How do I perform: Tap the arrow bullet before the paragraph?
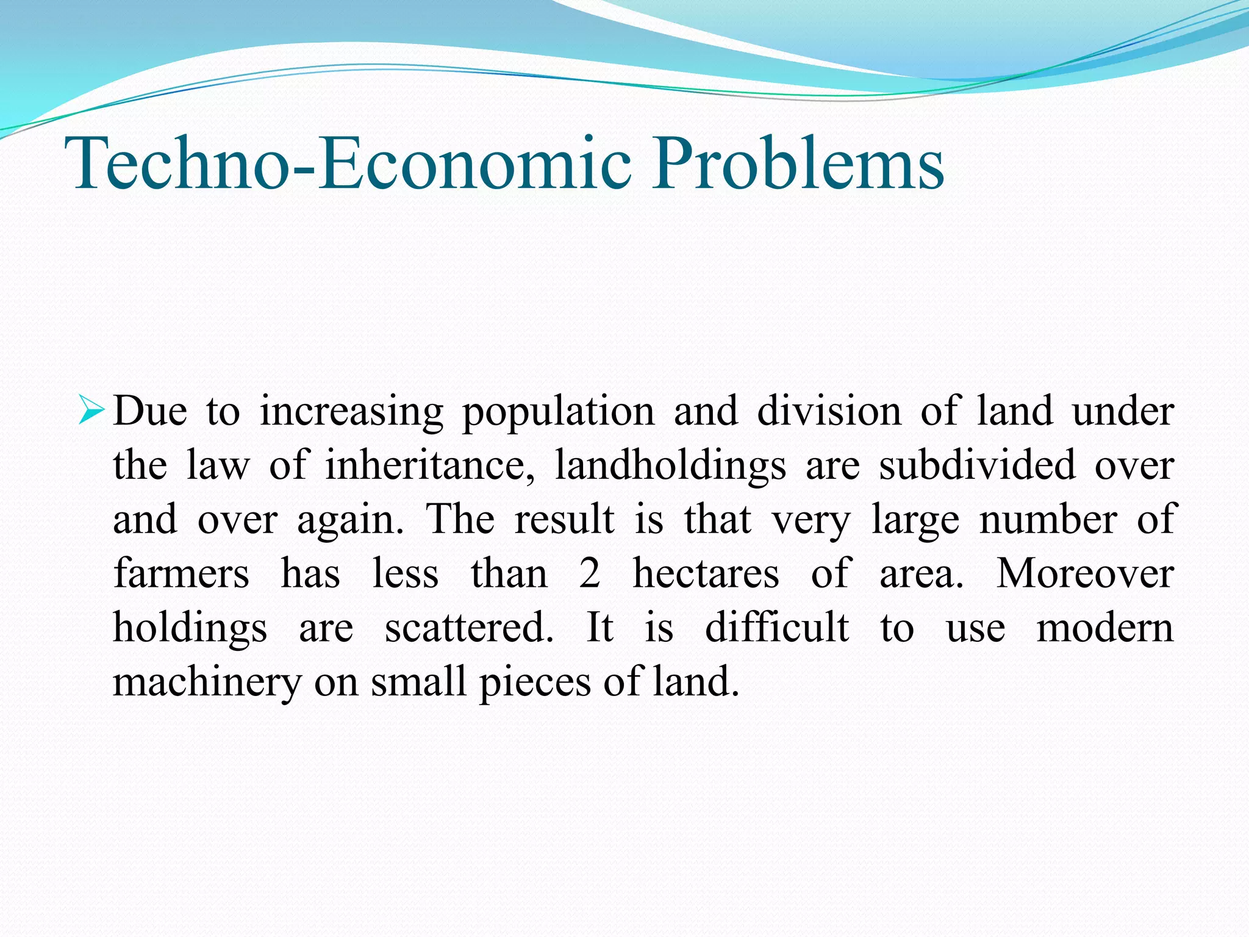coord(92,411)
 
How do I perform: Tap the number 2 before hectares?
coord(590,573)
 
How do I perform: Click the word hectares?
coord(706,573)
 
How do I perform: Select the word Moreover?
coord(1085,573)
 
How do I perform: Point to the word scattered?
coord(469,628)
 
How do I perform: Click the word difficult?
coord(776,628)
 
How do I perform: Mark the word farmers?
coord(181,573)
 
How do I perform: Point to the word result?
coord(564,520)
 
